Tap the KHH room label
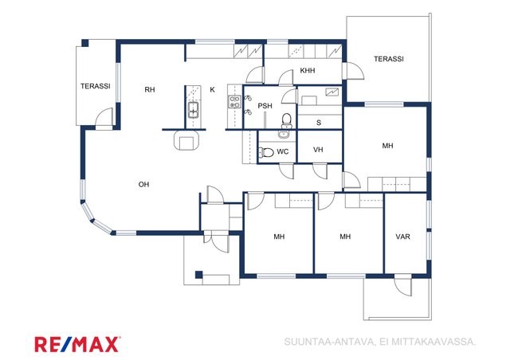pos(308,70)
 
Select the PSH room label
pos(265,106)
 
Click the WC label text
pos(283,151)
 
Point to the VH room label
pos(318,150)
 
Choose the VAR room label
pos(402,237)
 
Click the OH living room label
pos(143,185)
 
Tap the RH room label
pos(150,89)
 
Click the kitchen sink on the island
pos(194,110)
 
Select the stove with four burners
pos(234,101)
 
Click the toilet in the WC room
pos(266,152)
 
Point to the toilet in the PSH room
pos(287,120)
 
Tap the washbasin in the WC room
pos(284,134)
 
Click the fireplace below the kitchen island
pos(186,140)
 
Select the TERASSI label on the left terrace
pos(96,86)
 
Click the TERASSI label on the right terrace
pos(389,59)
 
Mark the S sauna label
pos(319,123)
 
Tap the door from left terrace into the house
pos(104,117)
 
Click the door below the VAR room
pos(403,286)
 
